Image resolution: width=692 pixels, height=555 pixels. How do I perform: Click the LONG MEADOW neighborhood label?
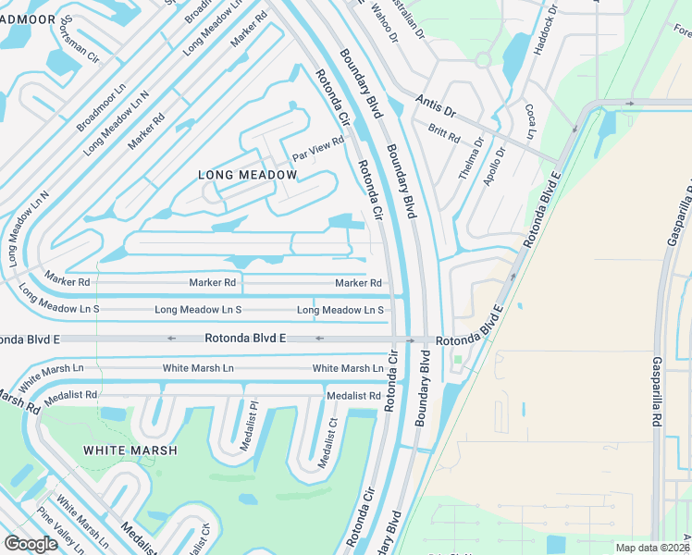pyautogui.click(x=248, y=175)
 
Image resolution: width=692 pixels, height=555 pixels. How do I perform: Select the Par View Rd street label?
pyautogui.click(x=317, y=147)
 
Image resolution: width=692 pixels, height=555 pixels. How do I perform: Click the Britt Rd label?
pyautogui.click(x=444, y=134)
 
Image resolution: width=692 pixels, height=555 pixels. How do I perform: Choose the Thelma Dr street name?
pyautogui.click(x=472, y=158)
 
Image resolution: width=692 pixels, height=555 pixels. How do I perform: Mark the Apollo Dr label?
pyautogui.click(x=494, y=166)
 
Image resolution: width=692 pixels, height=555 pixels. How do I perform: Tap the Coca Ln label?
pyautogui.click(x=530, y=122)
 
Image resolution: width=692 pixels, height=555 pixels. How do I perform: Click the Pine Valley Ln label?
pyautogui.click(x=60, y=529)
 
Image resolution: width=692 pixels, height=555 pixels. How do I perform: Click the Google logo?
pyautogui.click(x=31, y=544)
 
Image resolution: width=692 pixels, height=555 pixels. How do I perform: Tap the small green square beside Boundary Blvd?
pyautogui.click(x=457, y=359)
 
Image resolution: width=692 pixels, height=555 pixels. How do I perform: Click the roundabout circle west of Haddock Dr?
pyautogui.click(x=482, y=60)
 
